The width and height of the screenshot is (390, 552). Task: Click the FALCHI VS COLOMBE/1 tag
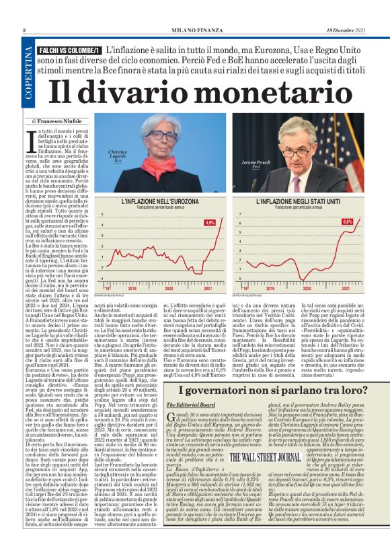(x=71, y=50)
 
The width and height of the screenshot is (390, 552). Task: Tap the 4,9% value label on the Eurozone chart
(x=210, y=222)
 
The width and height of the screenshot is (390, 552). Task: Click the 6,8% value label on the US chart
(x=347, y=221)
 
